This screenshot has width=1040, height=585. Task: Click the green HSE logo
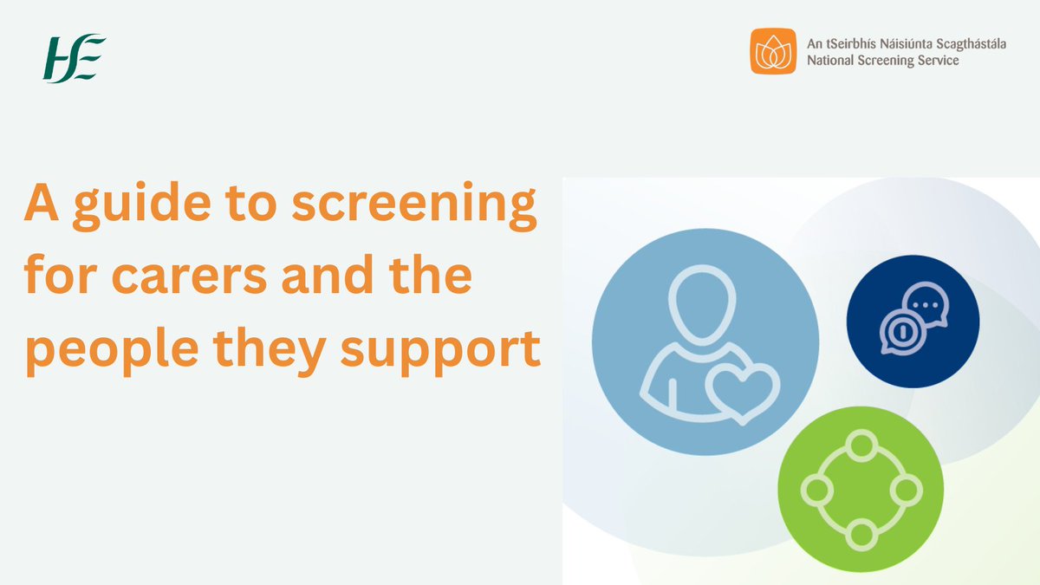[x=75, y=59]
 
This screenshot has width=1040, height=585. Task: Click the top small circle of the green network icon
[x=861, y=447]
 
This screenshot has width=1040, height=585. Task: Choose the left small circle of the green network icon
[x=816, y=491]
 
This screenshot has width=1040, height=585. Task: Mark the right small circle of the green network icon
[x=905, y=491]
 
